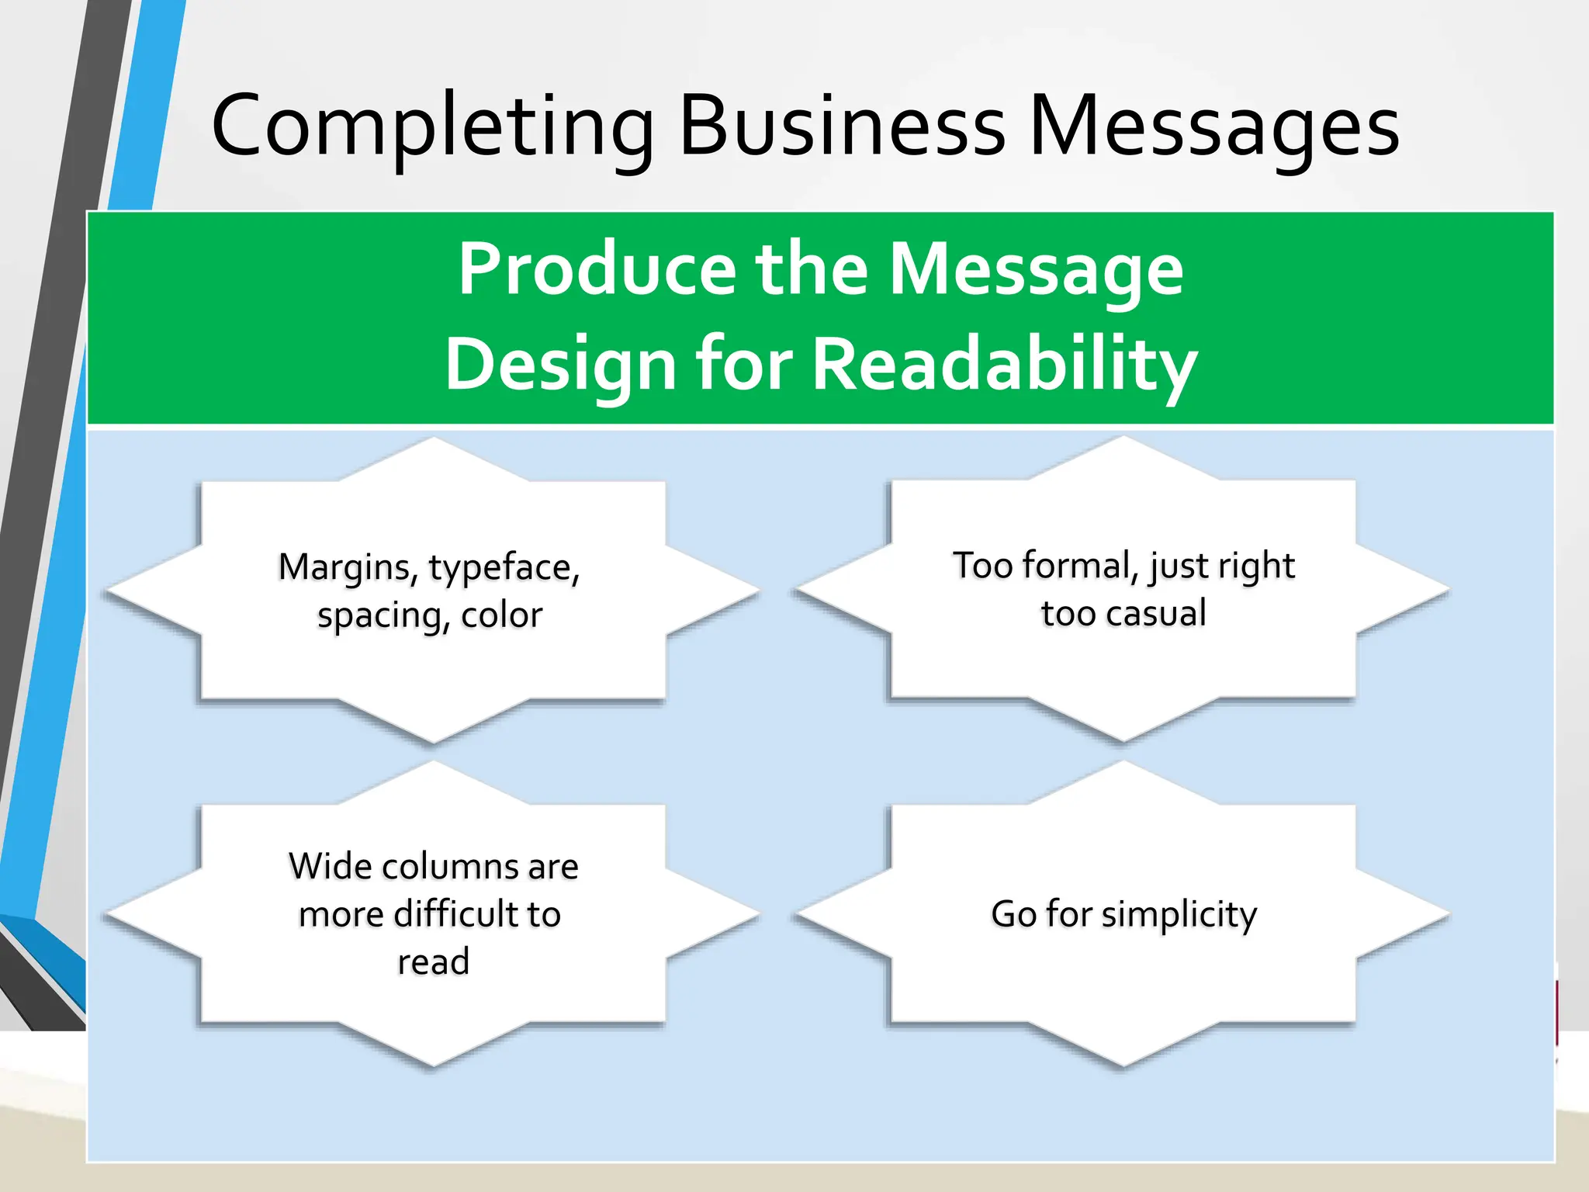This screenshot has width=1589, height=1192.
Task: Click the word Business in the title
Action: coord(842,126)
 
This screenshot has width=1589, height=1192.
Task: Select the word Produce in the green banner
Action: coord(597,269)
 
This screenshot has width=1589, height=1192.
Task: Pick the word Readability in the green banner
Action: coord(1004,365)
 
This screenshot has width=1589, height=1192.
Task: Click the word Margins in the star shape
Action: coord(347,568)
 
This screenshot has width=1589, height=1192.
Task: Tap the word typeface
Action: coord(504,568)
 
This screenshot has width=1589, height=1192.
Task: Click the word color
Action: coord(501,615)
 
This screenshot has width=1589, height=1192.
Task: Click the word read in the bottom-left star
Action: coord(433,962)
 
